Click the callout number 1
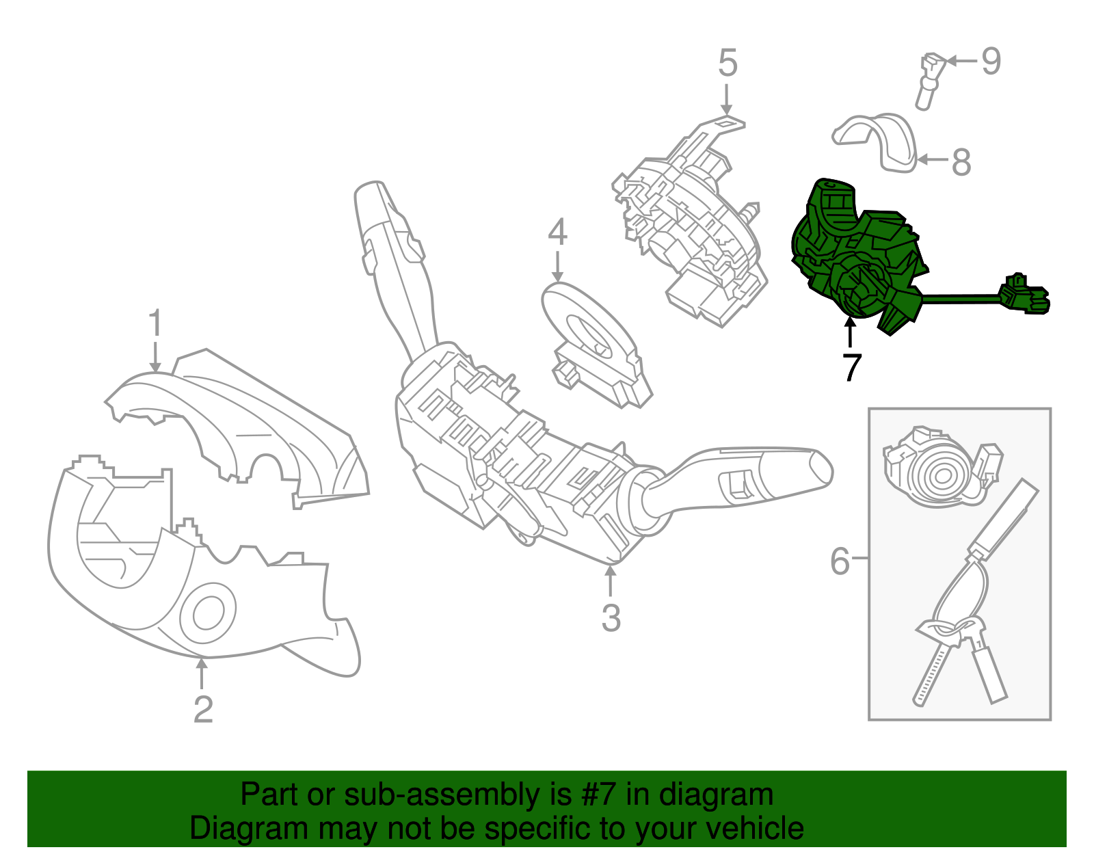click(155, 323)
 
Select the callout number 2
click(203, 709)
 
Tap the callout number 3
click(611, 617)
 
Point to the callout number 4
click(557, 232)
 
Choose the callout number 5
click(728, 63)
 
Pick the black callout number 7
click(851, 367)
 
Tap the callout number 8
click(961, 163)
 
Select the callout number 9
click(991, 62)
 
